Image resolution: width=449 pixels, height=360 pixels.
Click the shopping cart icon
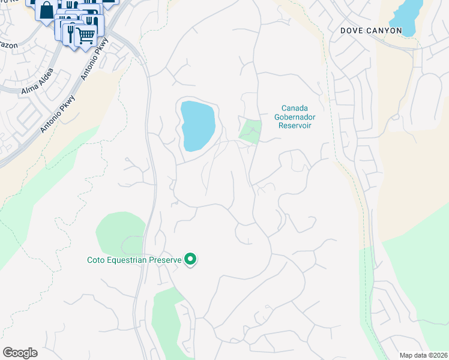86,36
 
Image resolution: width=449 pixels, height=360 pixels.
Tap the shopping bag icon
46,10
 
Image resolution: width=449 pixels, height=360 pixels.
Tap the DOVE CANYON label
370,30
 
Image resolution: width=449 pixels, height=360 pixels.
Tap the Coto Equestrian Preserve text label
133,260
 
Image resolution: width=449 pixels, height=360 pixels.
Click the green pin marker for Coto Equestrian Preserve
191,259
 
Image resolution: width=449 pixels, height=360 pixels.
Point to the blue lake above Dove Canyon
406,15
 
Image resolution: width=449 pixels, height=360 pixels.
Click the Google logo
20,353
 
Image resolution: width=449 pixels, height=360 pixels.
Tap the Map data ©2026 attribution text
423,355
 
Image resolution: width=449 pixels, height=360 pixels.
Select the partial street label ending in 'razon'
8,45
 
